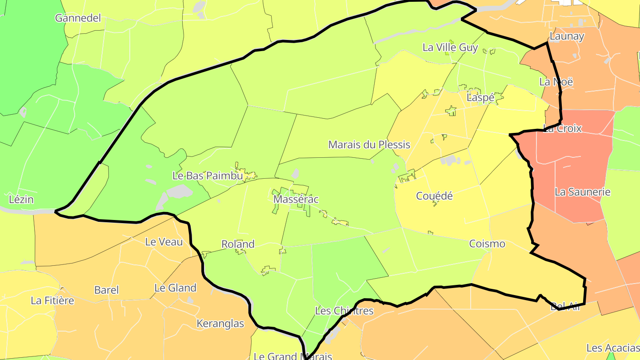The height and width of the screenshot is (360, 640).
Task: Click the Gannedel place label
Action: pos(78,18)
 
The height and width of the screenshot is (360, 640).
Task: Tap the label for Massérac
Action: pos(296,199)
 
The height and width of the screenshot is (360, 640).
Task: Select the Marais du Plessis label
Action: pos(369,144)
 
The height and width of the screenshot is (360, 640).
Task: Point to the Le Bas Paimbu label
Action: pos(208,176)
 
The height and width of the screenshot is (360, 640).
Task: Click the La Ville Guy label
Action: pos(450,48)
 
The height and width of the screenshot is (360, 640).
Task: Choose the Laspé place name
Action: pos(480,98)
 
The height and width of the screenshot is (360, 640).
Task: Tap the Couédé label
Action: pos(434,196)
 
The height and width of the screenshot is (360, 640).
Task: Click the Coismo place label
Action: pos(487,244)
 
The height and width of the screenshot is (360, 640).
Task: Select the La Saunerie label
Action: pos(582,192)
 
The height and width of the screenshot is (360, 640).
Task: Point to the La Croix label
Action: pos(562,128)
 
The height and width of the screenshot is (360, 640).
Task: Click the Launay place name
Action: pos(567,36)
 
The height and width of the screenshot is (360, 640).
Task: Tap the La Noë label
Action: pos(556,82)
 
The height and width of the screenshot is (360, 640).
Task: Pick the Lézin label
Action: pos(21,199)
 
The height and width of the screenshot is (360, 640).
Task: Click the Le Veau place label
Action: pos(164,242)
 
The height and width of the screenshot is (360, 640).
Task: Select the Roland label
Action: pos(238,244)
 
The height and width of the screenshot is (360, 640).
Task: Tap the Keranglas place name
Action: pos(220,324)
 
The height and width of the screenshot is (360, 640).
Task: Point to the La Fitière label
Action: pos(52,300)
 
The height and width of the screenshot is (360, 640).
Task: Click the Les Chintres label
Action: pos(344,311)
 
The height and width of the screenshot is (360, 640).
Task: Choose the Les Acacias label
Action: pos(612,348)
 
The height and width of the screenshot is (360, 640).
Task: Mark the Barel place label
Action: pos(106,290)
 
